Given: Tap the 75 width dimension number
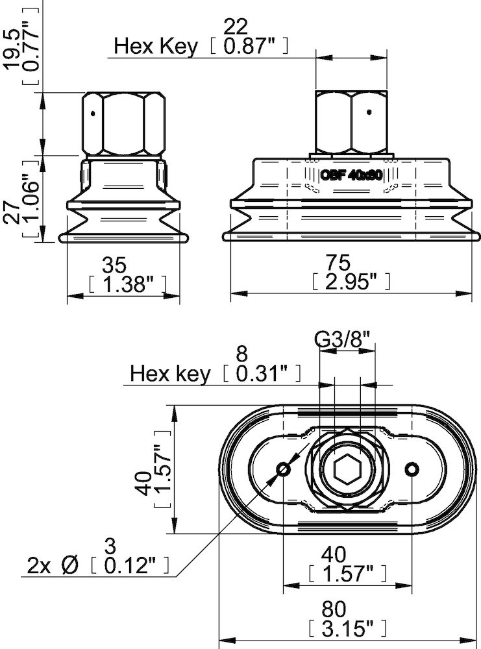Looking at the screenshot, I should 338,262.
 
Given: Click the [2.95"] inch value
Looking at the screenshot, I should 350,281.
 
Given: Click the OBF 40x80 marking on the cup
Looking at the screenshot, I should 353,175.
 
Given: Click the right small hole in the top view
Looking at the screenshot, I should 410,469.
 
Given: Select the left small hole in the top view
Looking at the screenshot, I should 283,469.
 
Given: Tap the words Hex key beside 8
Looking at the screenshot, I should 171,374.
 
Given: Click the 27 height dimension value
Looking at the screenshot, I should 11,201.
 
